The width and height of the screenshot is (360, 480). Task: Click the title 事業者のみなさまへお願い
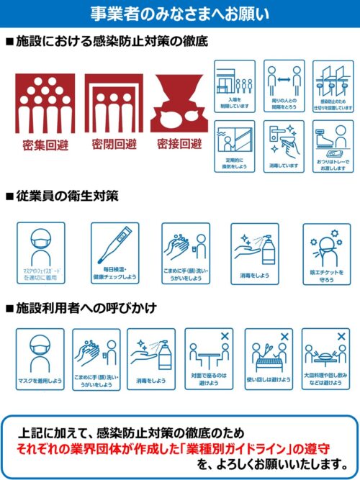pyautogui.click(x=180, y=12)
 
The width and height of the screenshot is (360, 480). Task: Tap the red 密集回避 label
pyautogui.click(x=45, y=145)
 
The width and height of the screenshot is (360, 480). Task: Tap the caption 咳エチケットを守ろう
pyautogui.click(x=325, y=276)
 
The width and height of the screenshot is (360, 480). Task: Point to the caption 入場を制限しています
pyautogui.click(x=234, y=104)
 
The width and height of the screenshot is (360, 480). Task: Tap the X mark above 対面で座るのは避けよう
pyautogui.click(x=225, y=336)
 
